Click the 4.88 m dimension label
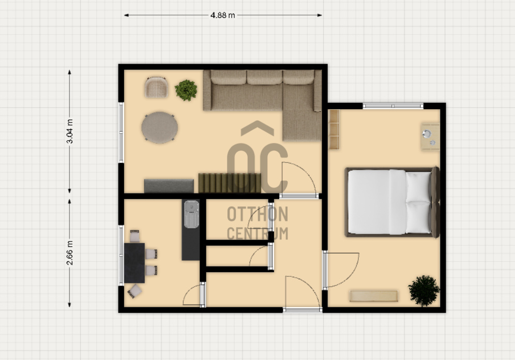[x=223, y=15]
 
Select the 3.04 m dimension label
[x=70, y=131]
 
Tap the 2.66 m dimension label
[x=70, y=253]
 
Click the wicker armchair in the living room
[x=156, y=87]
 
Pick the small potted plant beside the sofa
[x=186, y=90]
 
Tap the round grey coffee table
[x=160, y=127]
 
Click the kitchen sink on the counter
[x=191, y=214]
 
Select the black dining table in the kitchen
[x=134, y=263]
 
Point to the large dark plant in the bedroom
[x=424, y=291]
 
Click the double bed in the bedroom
[x=392, y=202]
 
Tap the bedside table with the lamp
[x=430, y=137]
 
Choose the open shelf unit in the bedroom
[x=334, y=130]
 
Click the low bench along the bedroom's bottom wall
[x=374, y=296]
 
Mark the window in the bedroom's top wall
[x=393, y=106]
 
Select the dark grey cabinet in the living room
[x=169, y=186]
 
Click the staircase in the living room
[x=230, y=183]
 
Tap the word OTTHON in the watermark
[x=257, y=214]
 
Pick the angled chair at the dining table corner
[x=134, y=291]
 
